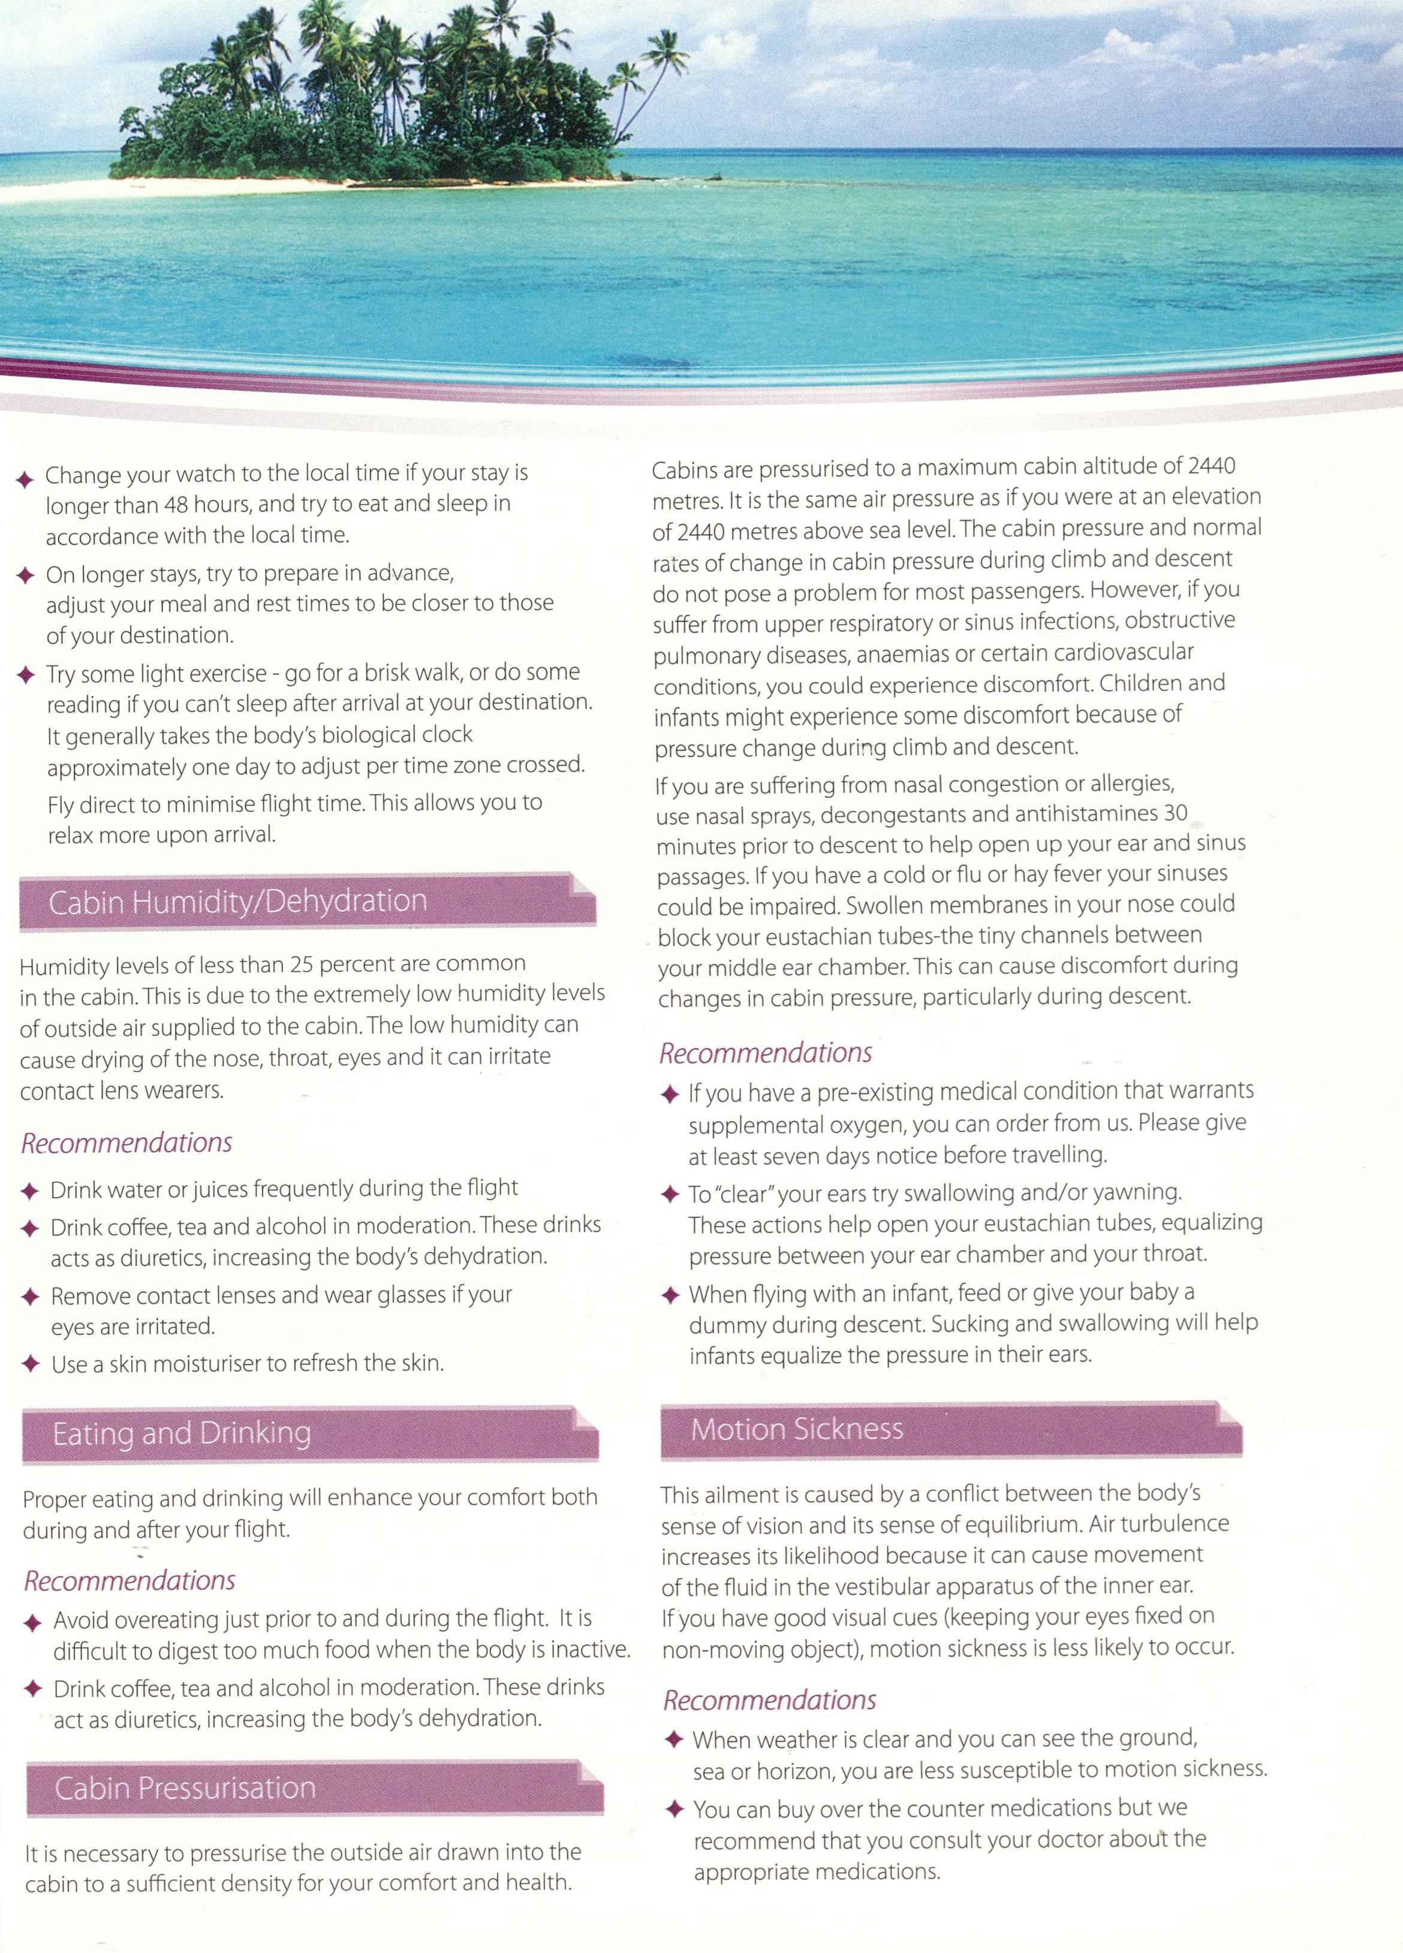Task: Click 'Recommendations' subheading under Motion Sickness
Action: (769, 1701)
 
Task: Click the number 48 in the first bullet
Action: (176, 505)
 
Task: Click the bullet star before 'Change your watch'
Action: (25, 479)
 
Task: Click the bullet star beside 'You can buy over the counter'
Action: (675, 1809)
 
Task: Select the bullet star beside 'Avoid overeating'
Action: (33, 1623)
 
